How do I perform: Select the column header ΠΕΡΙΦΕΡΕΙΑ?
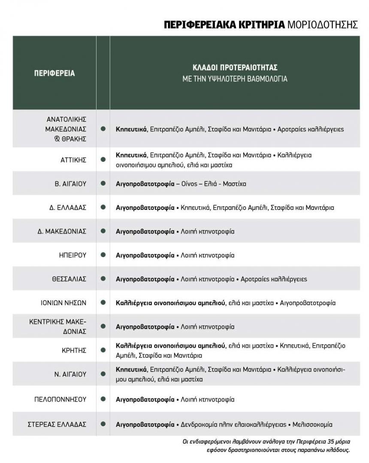pos(54,73)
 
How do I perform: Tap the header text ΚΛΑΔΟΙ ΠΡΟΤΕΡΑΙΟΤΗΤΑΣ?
pos(234,68)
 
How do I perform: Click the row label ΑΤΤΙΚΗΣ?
pos(73,160)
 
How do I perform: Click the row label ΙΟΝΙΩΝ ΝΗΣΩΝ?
pos(60,303)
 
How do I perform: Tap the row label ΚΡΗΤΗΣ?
pos(74,350)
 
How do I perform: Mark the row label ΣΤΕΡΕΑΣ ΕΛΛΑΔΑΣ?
pos(57,425)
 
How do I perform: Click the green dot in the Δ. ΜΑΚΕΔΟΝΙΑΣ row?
pos(103,231)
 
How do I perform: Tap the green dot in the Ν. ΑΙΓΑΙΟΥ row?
pos(103,374)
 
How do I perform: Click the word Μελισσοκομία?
pos(312,425)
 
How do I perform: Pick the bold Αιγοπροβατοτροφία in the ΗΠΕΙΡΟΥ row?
pos(145,255)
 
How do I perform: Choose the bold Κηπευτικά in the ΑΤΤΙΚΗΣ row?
pos(132,154)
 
